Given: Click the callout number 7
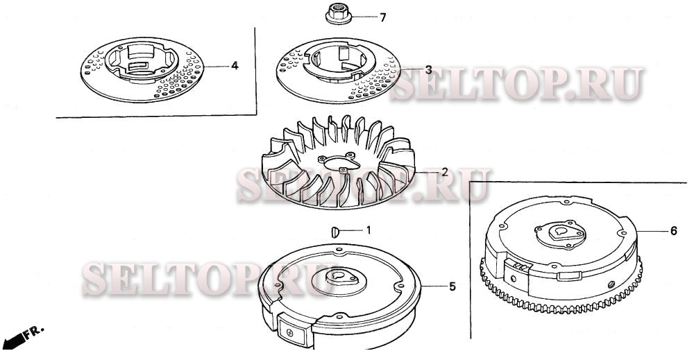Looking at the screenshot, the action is click(383, 18).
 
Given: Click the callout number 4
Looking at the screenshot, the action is click(235, 66).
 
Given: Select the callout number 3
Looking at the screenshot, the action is click(428, 70).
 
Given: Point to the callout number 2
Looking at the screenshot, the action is click(445, 172).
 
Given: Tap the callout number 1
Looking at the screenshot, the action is click(368, 230).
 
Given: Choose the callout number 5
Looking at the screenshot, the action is click(452, 286).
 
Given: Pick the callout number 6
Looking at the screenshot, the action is click(673, 231).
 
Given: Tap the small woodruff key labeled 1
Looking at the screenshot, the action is click(335, 232).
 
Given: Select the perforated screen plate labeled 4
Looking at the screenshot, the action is click(142, 69).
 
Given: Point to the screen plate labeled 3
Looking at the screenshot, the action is click(338, 70).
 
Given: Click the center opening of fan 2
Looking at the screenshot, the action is click(340, 162).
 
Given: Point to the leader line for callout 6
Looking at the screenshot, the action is click(652, 231).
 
